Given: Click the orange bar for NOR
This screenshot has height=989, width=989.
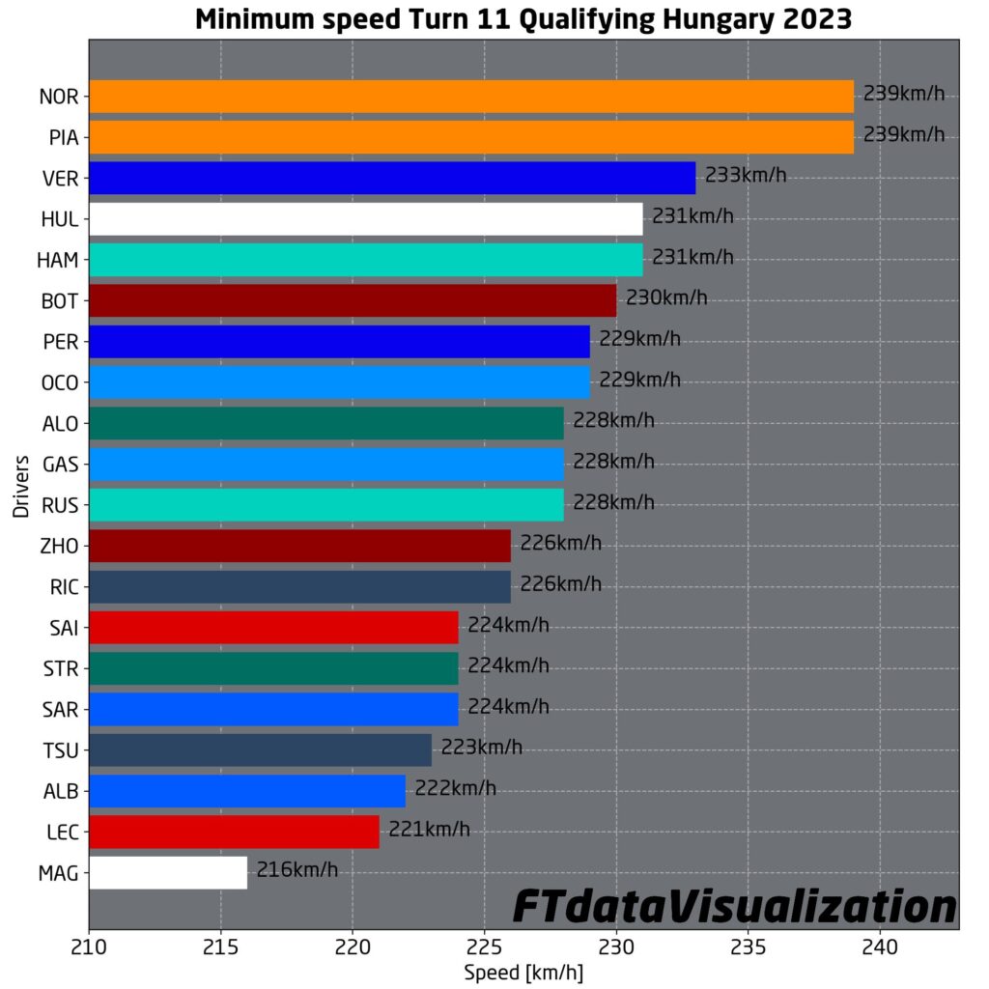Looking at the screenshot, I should point(471,97).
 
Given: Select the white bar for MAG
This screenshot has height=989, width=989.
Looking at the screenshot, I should point(168,873).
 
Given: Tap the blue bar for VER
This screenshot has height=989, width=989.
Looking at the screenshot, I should point(392,178).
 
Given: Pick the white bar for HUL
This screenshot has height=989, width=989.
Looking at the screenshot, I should point(366,219).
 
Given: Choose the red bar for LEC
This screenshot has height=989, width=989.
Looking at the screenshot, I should point(234,832).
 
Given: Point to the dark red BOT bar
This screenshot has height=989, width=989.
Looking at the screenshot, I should point(353,300).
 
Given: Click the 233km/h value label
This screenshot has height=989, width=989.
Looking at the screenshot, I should point(746,177).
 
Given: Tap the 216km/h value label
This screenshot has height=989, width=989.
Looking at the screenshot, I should point(297,871).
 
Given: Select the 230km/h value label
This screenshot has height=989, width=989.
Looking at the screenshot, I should point(666,298).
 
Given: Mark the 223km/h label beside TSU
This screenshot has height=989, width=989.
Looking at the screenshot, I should point(482,748).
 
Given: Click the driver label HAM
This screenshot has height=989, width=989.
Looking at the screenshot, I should point(60,260).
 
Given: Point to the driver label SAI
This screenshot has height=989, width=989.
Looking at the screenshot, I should point(63,628).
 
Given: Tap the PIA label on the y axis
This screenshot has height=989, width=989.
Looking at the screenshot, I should point(64,137).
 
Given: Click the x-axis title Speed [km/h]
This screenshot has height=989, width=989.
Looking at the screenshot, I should point(523,972).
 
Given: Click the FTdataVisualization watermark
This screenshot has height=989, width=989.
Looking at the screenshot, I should point(734,907).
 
